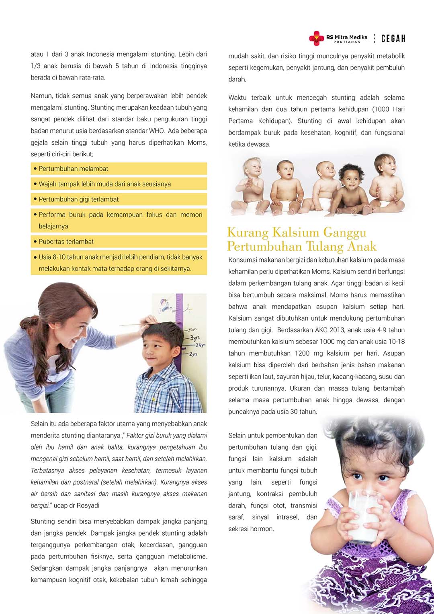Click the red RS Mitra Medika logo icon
pos(316,38)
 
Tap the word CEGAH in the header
pos(393,39)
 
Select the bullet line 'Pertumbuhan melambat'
pos(74,169)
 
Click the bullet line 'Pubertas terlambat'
pos(66,242)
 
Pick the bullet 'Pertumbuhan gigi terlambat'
pos(79,199)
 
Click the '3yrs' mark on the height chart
pos(195,338)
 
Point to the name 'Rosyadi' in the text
pos(88,506)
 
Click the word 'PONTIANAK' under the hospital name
pos(347,42)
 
